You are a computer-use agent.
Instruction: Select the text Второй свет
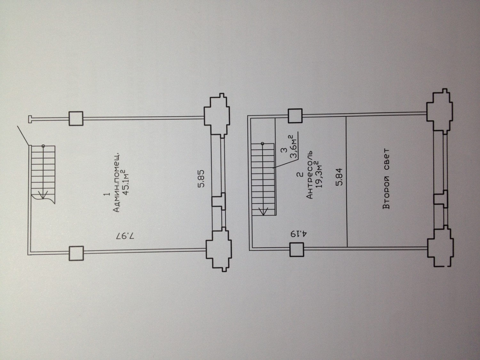click(387, 179)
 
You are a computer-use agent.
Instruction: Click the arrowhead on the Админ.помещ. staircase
click(43, 195)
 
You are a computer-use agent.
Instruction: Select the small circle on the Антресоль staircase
click(262, 144)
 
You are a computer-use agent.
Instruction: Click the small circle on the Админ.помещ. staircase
click(43, 146)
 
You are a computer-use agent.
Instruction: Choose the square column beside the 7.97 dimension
click(76, 253)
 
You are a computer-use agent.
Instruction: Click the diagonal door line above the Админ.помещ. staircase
click(23, 136)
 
